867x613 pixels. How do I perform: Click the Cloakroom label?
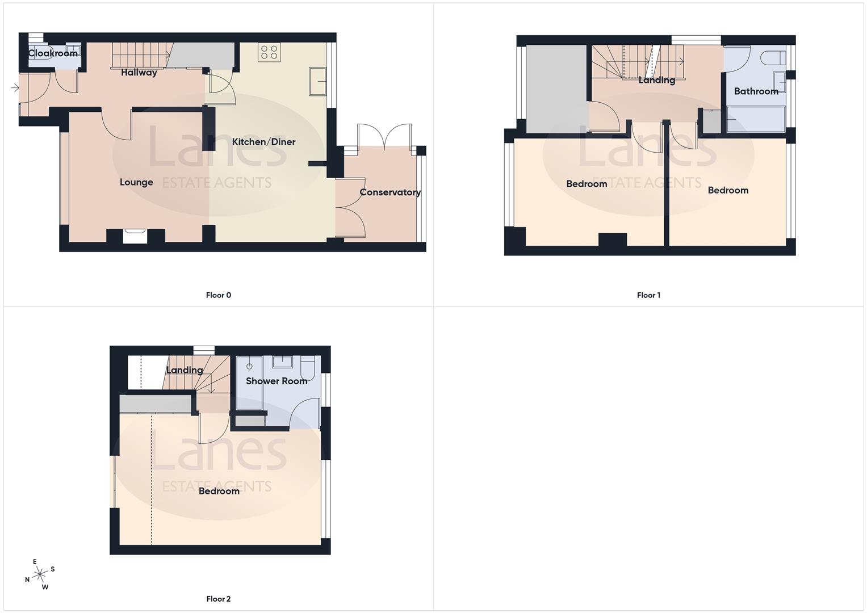53,53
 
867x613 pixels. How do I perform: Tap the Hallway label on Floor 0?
139,73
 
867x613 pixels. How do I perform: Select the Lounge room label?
136,182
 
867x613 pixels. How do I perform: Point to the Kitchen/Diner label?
263,142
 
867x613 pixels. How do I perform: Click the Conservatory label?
390,192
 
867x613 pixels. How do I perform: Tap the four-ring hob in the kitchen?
269,52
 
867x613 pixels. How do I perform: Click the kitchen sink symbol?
317,81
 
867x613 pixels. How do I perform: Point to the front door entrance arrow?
15,88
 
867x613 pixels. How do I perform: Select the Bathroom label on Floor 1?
756,91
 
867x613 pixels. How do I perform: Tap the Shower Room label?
277,381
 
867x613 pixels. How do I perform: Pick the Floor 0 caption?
219,295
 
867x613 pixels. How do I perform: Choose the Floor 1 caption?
648,295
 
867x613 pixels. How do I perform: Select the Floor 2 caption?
219,599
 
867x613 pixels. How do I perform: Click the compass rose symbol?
40,575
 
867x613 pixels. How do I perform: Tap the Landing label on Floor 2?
185,370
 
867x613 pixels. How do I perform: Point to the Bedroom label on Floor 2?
219,491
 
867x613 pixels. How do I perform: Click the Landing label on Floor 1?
657,80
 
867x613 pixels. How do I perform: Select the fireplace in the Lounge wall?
135,234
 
